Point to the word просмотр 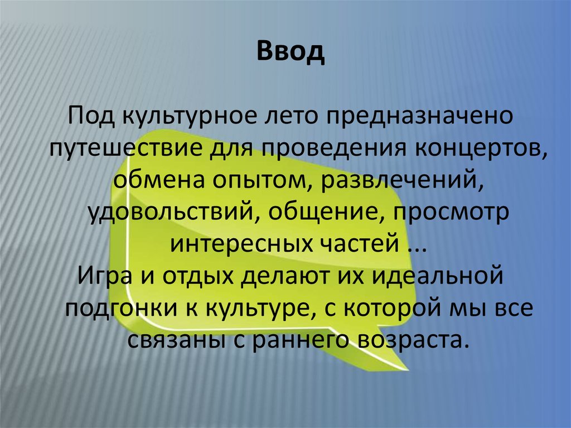point(451,214)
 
